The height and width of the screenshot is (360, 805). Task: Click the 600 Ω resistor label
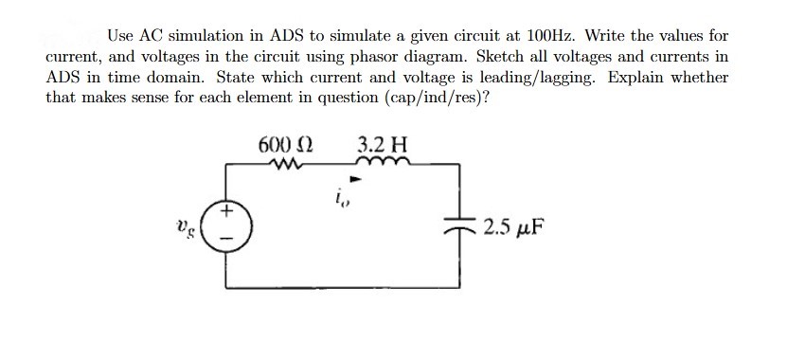coord(286,146)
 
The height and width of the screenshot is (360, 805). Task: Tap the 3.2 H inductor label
coord(384,146)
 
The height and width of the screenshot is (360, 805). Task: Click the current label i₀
coord(340,199)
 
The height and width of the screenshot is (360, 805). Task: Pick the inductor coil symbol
coord(388,165)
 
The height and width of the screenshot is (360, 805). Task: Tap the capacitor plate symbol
coord(460,228)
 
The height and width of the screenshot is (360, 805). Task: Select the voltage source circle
coord(225,228)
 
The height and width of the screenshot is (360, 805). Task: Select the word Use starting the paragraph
coord(120,36)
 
